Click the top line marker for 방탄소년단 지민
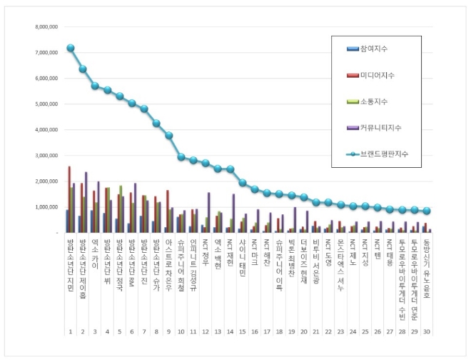tap(71, 48)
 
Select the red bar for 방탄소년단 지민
tap(69, 199)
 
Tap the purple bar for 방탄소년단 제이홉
tap(86, 202)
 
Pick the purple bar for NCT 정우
tap(209, 212)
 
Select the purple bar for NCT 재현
tap(233, 213)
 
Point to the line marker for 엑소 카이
tap(95, 86)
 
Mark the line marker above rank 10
tap(181, 157)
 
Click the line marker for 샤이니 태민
tap(243, 183)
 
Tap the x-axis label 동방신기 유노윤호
tap(427, 262)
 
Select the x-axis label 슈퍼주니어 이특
tap(280, 262)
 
